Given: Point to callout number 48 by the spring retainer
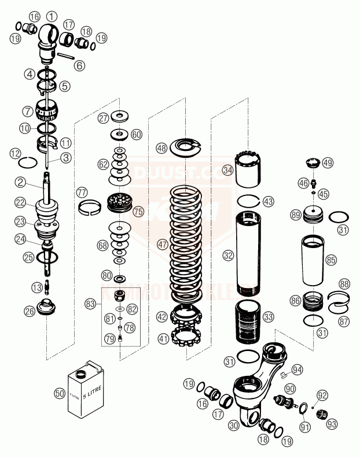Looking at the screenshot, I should point(161,148).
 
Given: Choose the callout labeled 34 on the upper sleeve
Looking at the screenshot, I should point(228,170).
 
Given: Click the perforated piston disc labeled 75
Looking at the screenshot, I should point(121,204).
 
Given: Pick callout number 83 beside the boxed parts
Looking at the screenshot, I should point(90,303).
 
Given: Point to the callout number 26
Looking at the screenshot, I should point(30,311).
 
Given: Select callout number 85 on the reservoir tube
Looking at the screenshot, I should point(330,260).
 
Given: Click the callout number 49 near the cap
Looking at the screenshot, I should point(328,163).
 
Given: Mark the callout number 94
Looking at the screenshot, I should point(297,369).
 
